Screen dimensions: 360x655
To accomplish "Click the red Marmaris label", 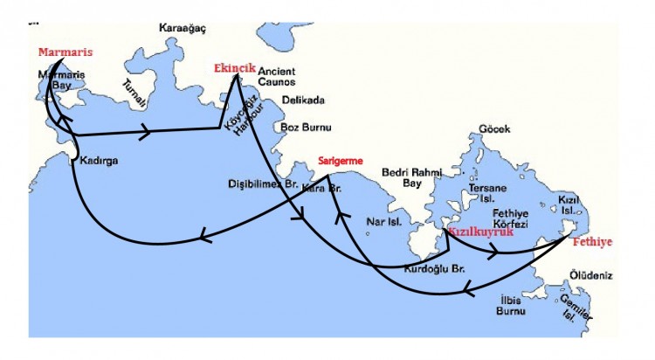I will coord(65,52).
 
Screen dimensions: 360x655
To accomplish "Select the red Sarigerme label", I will coord(340,160).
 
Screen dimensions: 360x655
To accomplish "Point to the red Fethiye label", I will coord(591,239).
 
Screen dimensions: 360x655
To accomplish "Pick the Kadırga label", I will coord(99,162).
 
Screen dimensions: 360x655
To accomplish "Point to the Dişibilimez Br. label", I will coord(263,184).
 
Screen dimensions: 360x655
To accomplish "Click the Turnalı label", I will coord(134,92).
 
